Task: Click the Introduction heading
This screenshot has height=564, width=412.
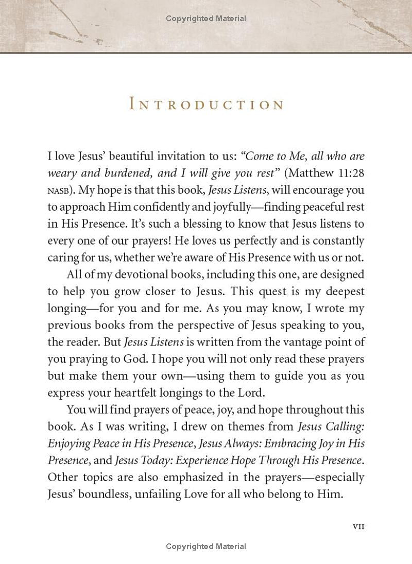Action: click(205, 105)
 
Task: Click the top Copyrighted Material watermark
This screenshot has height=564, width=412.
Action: click(206, 19)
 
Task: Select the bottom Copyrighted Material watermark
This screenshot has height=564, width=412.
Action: click(206, 546)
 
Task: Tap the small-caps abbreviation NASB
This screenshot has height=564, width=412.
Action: click(57, 191)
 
